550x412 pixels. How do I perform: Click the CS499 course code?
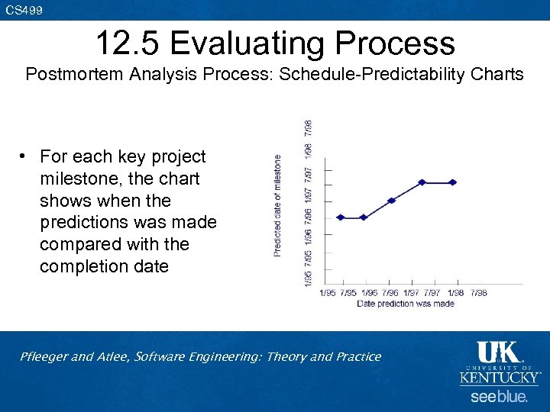point(24,10)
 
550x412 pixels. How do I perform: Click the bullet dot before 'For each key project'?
point(24,157)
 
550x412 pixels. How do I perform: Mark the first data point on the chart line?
point(341,217)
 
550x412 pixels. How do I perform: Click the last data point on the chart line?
point(453,182)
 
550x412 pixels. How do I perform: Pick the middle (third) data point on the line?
point(391,201)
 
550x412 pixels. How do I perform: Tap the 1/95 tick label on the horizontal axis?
point(327,293)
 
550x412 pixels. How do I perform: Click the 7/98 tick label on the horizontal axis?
point(479,293)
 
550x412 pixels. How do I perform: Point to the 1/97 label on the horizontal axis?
point(412,293)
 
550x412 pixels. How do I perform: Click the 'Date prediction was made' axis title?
point(406,304)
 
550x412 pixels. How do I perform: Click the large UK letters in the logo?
point(498,352)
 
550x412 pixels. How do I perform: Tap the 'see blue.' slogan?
point(498,397)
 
